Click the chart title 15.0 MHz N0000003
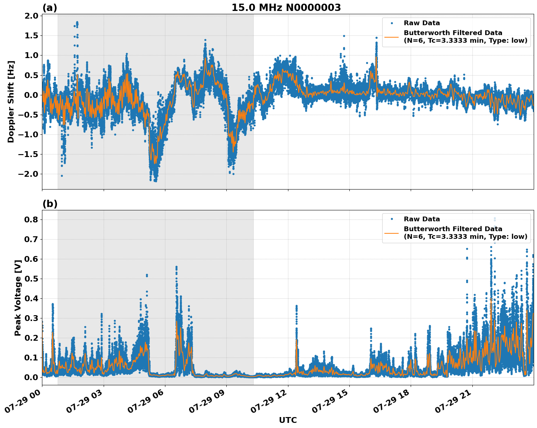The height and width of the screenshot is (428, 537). point(286,8)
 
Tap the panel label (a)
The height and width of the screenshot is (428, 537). point(50,8)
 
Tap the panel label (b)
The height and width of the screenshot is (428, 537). point(50,204)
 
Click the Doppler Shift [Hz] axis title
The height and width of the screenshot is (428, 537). point(11,102)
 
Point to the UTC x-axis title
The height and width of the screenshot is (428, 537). point(288,420)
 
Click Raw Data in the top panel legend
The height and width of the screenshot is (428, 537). point(422,23)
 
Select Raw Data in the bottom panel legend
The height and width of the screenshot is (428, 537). point(422,219)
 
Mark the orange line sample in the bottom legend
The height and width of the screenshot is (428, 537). point(392,233)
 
